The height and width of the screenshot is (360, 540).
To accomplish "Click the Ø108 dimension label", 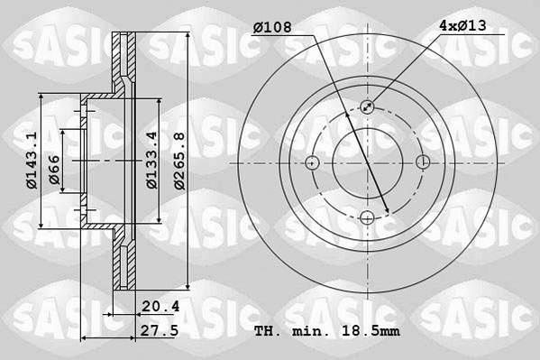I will coord(271,28).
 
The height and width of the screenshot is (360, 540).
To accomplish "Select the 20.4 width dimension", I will coord(161,307).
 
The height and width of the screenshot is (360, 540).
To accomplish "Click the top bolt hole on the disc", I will coord(368,107).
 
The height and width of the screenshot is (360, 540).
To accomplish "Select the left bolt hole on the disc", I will coord(312,163).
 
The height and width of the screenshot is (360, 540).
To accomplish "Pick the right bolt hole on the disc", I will coord(424,163).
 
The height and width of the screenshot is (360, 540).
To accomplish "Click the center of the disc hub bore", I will coord(368,163).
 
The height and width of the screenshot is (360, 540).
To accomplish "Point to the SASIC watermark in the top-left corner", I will coord(51,42).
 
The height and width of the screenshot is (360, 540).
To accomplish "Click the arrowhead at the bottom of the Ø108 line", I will coord(387,212).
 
